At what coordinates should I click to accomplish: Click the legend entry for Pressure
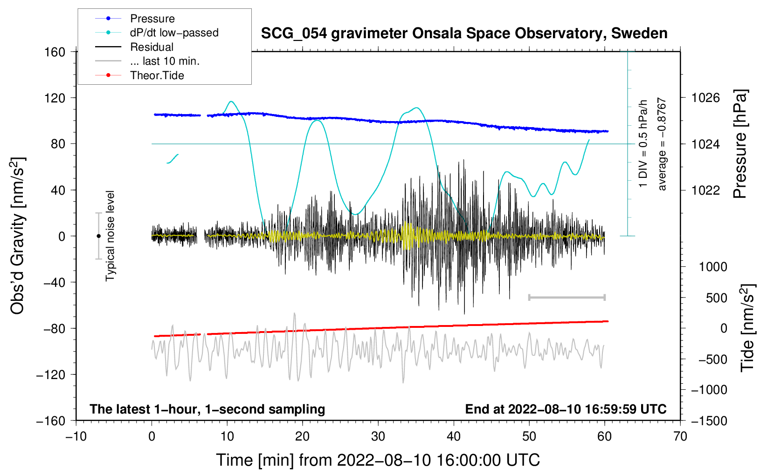point(152,19)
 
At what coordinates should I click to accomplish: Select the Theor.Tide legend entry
point(157,75)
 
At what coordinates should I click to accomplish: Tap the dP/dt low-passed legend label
point(174,33)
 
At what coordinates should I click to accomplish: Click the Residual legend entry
point(152,47)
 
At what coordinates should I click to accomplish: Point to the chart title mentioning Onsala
point(464,34)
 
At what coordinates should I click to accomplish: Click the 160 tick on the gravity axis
point(55,52)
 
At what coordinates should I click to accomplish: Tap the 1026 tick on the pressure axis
point(705,98)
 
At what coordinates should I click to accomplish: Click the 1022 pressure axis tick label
point(705,190)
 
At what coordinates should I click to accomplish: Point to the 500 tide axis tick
point(717,298)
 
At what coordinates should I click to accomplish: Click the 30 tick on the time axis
point(378,436)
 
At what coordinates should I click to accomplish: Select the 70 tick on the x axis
point(680,436)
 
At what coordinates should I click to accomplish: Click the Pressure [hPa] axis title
point(740,144)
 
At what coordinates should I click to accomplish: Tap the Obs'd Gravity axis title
point(18,236)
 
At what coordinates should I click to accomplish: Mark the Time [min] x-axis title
point(378,460)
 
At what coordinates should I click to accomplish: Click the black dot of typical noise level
point(98,236)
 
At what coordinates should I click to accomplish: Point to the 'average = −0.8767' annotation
point(662,144)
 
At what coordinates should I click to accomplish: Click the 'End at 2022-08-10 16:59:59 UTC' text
point(566,409)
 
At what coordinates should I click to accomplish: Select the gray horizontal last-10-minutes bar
point(567,297)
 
